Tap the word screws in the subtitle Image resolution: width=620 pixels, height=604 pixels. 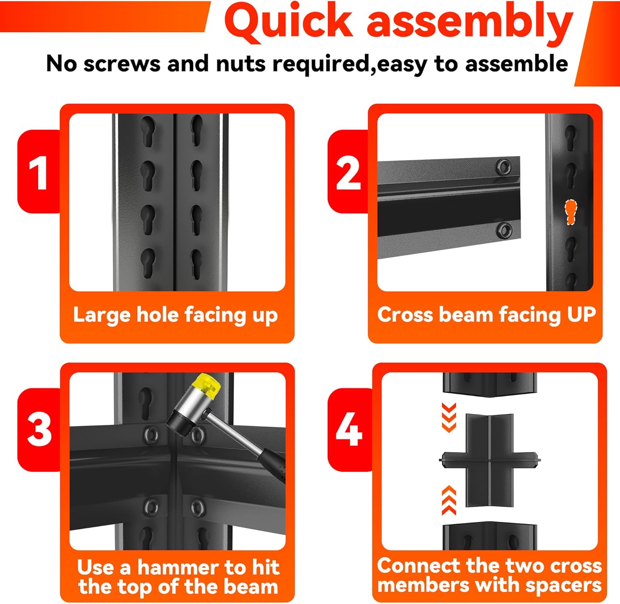pos(122,64)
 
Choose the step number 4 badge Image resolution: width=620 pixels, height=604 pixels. pos(349,430)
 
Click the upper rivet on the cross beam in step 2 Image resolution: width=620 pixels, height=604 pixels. pos(503,167)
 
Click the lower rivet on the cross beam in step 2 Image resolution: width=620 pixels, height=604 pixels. pos(505,230)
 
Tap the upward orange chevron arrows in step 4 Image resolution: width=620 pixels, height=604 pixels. pos(449,500)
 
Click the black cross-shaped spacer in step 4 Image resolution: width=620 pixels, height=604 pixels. pos(490,460)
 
